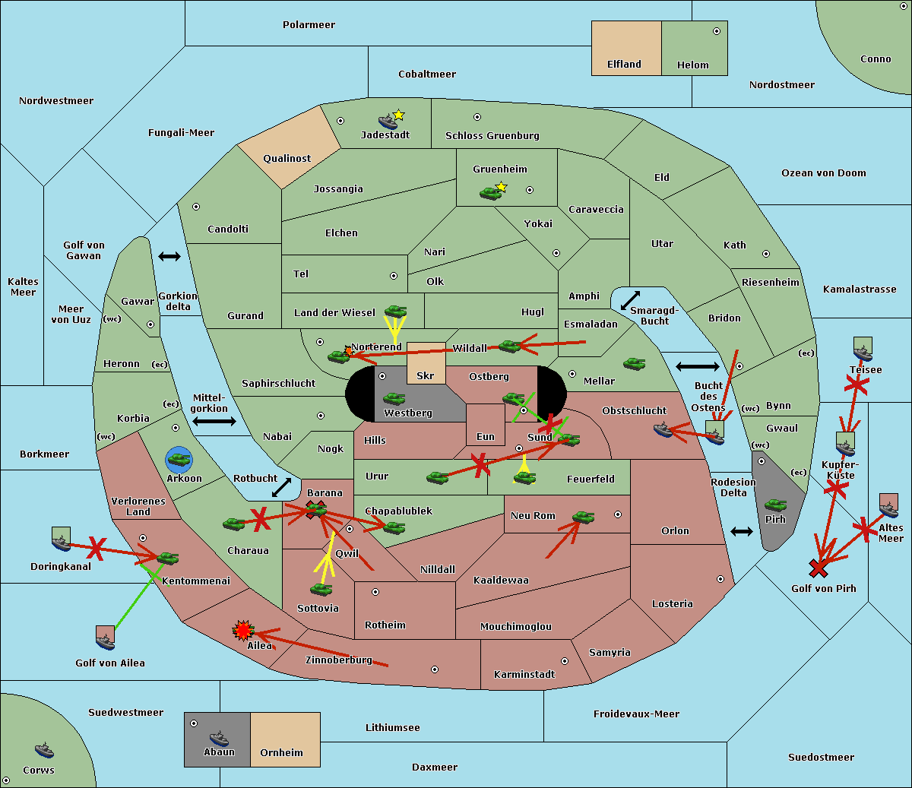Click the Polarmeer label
coord(309,25)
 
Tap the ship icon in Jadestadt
coord(388,121)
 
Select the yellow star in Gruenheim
coord(501,186)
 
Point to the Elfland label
coord(624,65)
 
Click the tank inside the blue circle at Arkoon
coord(179,459)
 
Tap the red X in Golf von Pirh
coord(819,568)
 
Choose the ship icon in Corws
coord(45,750)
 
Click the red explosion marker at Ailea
coord(243,630)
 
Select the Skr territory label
coord(425,375)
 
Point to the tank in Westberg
coord(394,398)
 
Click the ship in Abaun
coord(219,738)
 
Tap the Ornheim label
coord(281,753)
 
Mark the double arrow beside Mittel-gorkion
coord(214,421)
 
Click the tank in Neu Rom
coord(583,517)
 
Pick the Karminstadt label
coord(524,675)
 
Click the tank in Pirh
coord(775,505)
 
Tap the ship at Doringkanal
coord(61,540)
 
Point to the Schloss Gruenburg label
coord(492,136)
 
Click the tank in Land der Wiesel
coord(395,311)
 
